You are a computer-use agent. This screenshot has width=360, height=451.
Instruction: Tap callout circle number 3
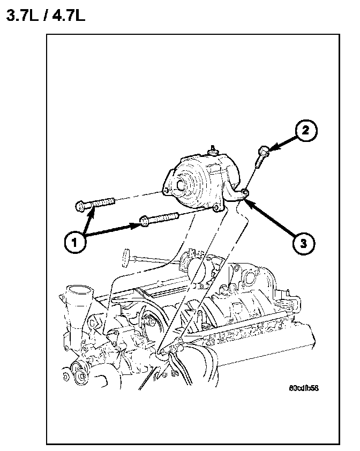303,243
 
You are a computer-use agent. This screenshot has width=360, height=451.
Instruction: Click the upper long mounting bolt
96,204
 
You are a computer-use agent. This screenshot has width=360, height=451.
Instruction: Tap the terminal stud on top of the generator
213,148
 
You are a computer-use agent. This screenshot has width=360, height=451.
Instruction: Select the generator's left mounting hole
167,190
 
